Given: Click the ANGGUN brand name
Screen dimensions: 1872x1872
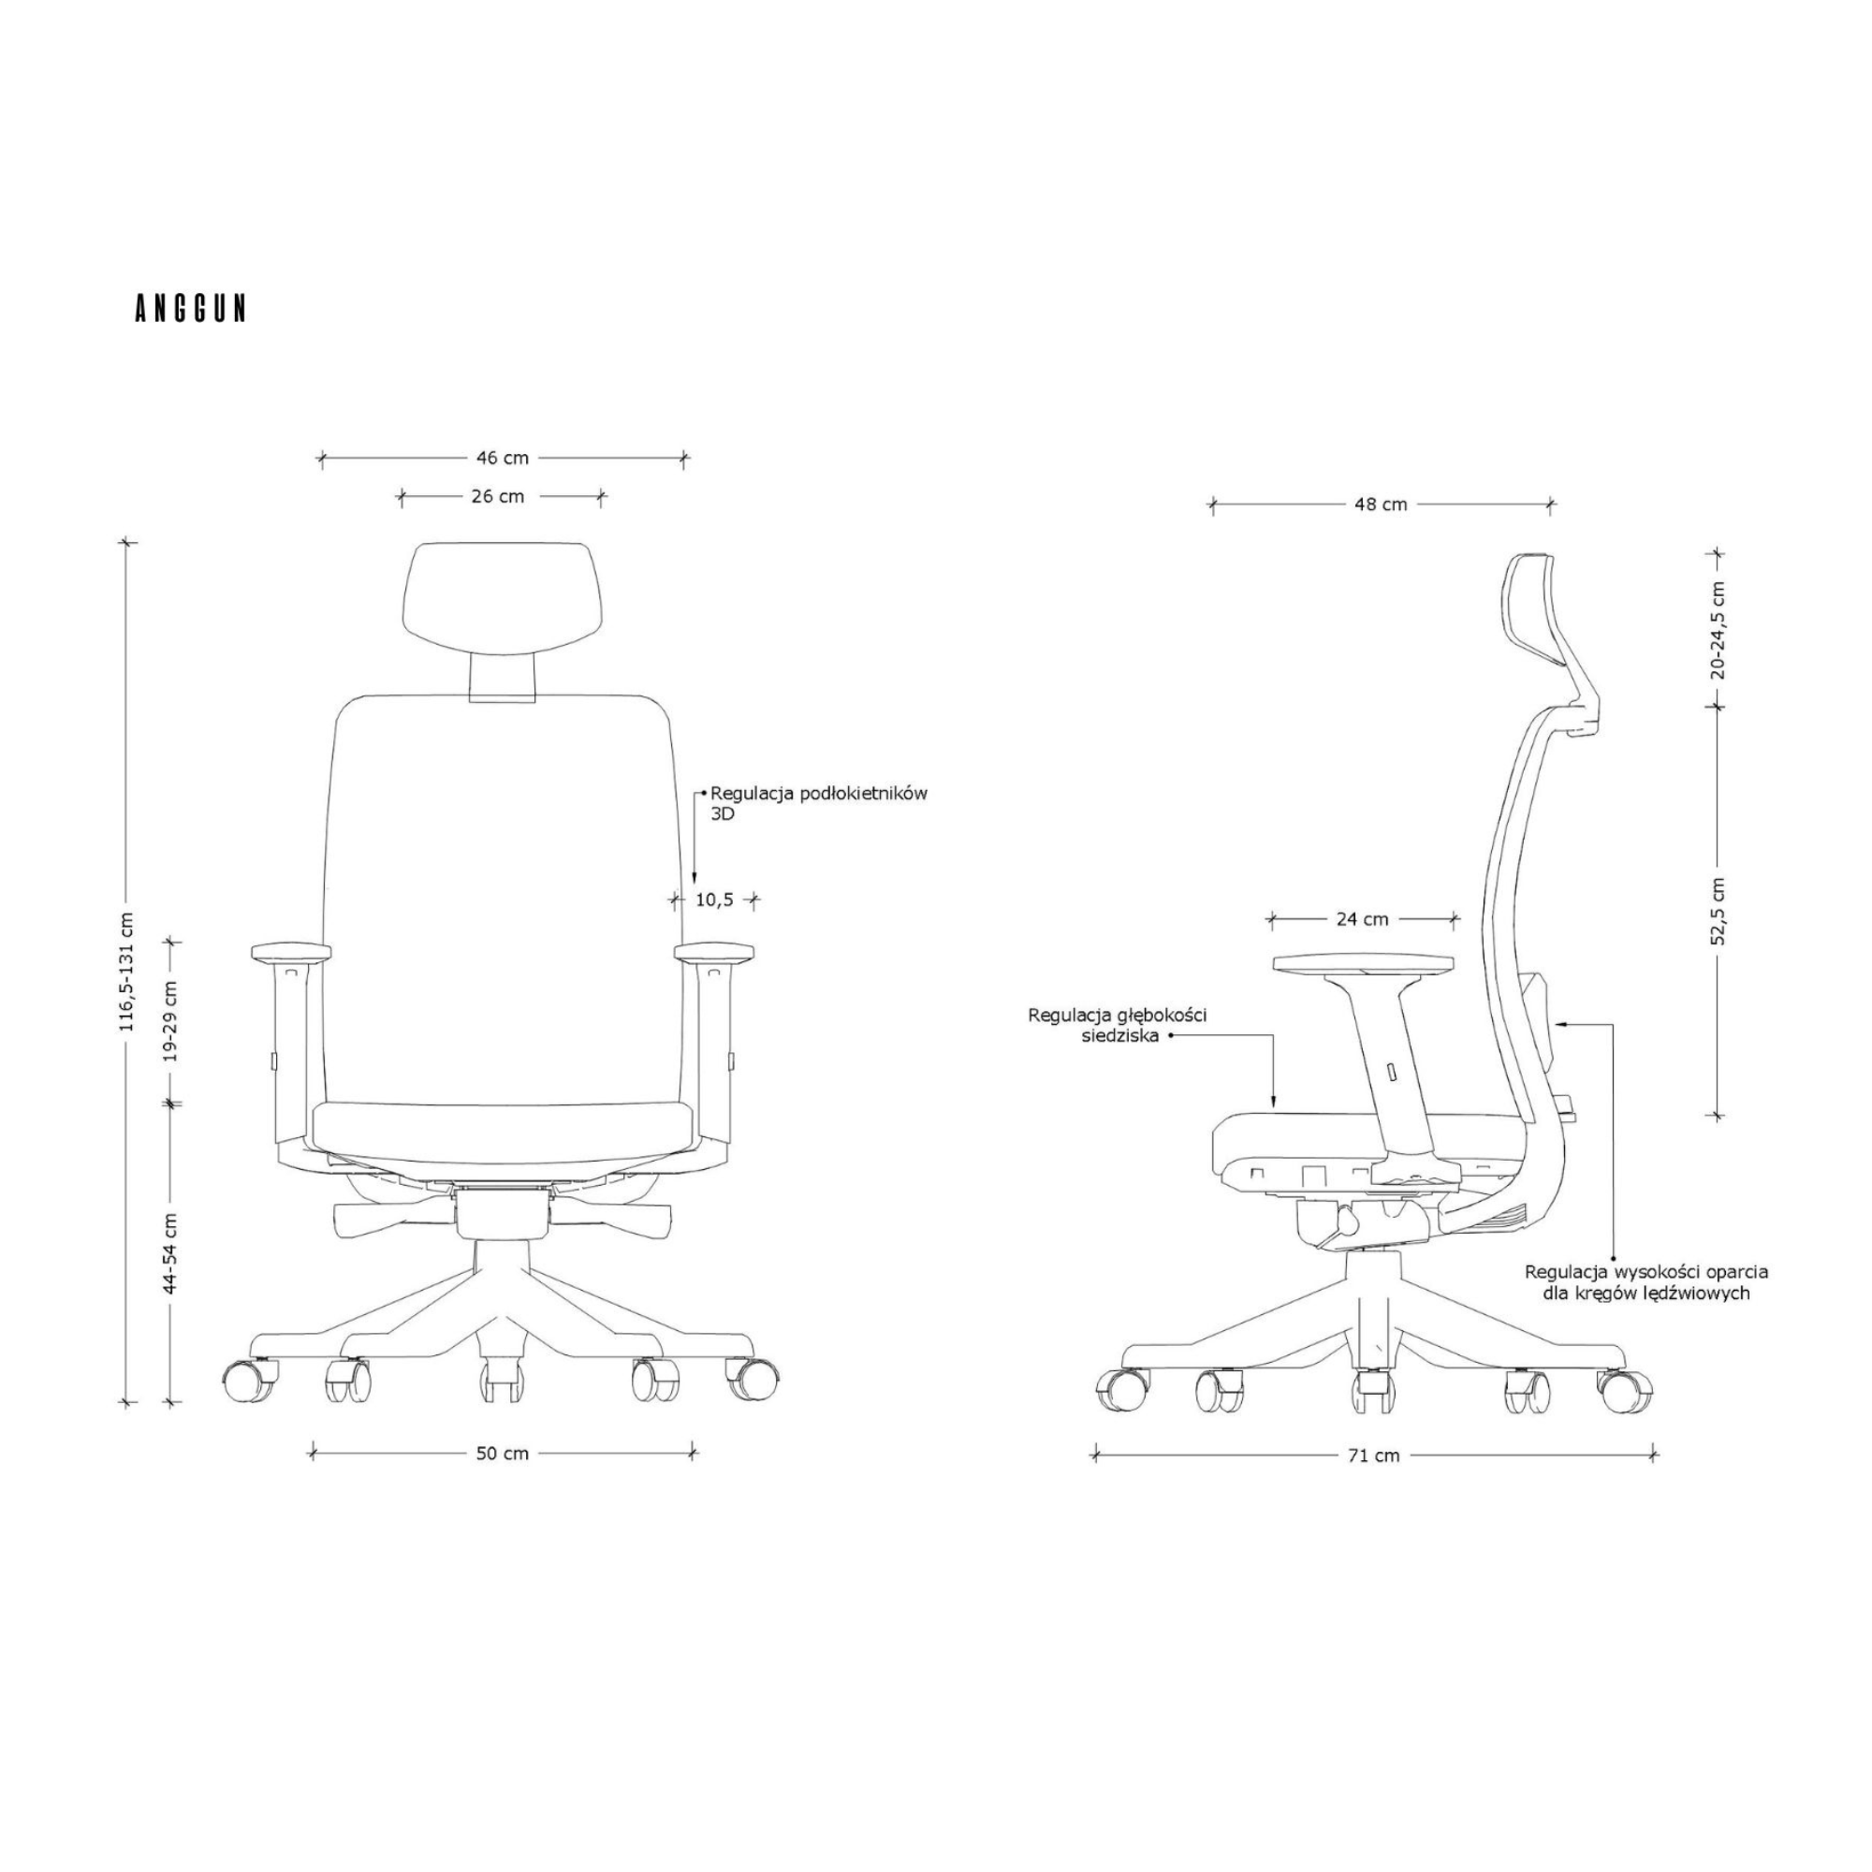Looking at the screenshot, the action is (x=190, y=308).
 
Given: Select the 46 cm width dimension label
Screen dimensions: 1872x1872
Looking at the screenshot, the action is (x=502, y=459).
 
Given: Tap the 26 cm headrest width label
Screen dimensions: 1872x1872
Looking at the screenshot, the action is (x=497, y=497).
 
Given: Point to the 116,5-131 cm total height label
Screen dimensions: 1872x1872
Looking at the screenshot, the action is (x=127, y=985).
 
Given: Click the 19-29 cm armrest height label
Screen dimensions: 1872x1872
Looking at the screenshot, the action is (x=170, y=1021).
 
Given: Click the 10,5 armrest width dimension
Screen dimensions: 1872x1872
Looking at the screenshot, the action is (x=714, y=900).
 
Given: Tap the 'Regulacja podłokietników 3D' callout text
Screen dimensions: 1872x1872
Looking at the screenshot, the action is (x=819, y=804).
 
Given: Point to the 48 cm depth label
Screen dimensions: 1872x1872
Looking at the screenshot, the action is (x=1381, y=505).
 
